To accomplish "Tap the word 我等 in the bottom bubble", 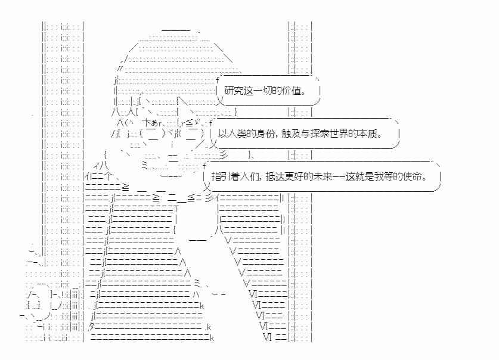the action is (384, 176).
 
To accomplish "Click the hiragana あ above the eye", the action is (154, 123).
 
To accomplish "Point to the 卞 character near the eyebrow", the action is (147, 122).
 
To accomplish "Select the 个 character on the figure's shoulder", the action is (107, 176).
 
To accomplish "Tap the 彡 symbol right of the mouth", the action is (224, 155).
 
